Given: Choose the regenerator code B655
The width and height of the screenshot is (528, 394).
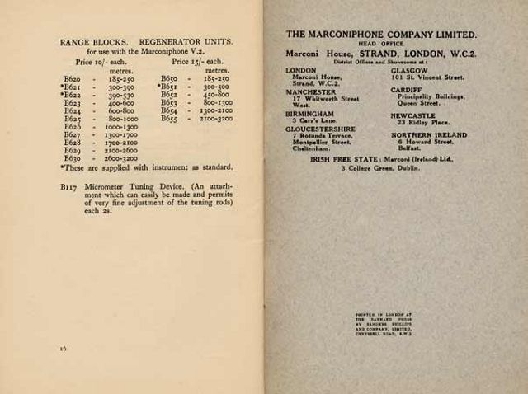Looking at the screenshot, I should pyautogui.click(x=169, y=118).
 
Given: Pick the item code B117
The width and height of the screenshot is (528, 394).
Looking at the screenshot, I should pyautogui.click(x=69, y=187).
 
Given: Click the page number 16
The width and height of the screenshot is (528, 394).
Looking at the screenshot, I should pyautogui.click(x=63, y=348).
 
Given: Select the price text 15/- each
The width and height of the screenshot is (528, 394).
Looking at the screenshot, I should pyautogui.click(x=198, y=61).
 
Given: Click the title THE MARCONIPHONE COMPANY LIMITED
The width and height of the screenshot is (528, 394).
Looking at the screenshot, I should pyautogui.click(x=381, y=35).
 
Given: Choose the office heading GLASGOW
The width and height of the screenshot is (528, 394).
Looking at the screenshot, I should pyautogui.click(x=408, y=71).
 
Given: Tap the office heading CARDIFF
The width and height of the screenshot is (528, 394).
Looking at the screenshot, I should pyautogui.click(x=407, y=90).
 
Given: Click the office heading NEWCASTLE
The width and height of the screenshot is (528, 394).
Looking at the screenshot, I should pyautogui.click(x=412, y=116).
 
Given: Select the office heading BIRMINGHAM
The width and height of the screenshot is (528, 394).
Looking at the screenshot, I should pyautogui.click(x=310, y=114).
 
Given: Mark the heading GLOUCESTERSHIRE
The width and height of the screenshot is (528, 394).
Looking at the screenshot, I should pyautogui.click(x=320, y=129).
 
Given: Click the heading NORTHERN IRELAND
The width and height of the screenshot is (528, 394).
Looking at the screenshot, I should pyautogui.click(x=429, y=135).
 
